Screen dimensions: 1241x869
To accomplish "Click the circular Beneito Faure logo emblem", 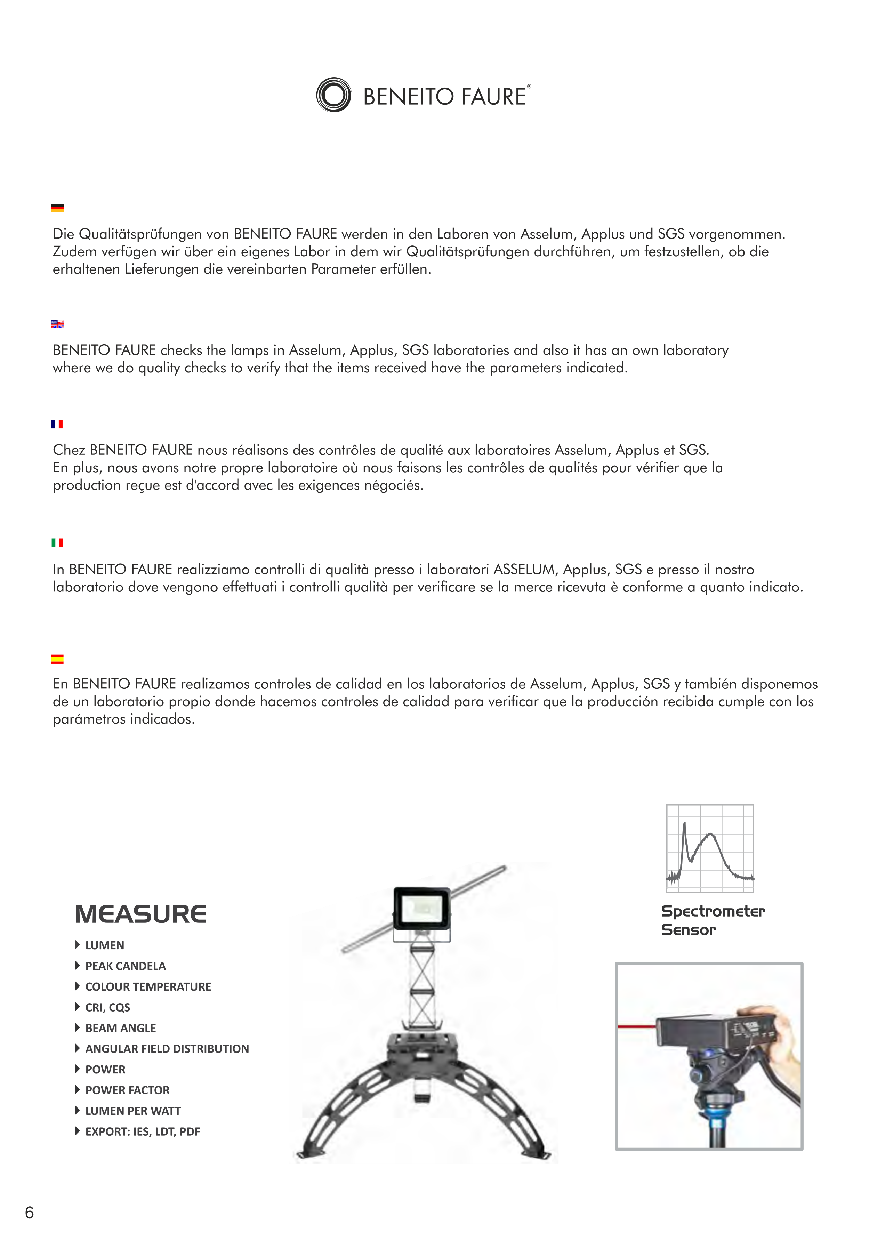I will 333,95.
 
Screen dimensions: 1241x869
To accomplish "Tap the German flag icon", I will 57,208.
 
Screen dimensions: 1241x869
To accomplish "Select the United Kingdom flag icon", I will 57,324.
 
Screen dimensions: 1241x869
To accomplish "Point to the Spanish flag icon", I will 57,659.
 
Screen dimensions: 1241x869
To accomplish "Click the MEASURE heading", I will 140,914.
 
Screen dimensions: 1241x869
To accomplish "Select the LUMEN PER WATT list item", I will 133,1111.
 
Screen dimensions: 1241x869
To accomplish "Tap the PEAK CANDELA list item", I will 126,966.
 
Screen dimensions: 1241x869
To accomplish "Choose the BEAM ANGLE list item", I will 121,1028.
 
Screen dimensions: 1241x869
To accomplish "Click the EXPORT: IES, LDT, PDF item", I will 143,1131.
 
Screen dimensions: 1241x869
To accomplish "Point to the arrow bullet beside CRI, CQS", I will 77,1007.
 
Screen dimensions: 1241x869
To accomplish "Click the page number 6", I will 30,1212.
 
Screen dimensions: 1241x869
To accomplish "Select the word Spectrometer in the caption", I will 713,911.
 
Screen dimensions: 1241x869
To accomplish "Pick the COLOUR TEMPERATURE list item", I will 148,986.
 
